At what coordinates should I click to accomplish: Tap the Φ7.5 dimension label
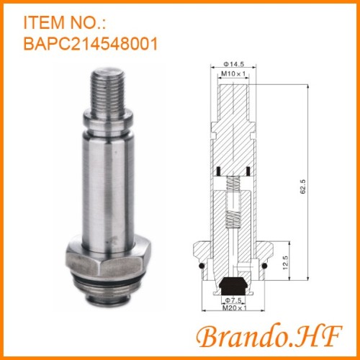230,299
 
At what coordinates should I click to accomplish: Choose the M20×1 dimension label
230,308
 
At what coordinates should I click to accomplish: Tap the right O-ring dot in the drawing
264,268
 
